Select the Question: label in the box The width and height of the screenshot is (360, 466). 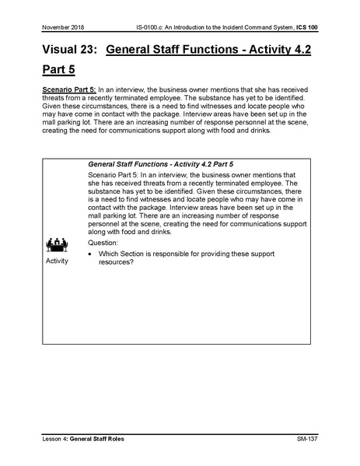point(108,242)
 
